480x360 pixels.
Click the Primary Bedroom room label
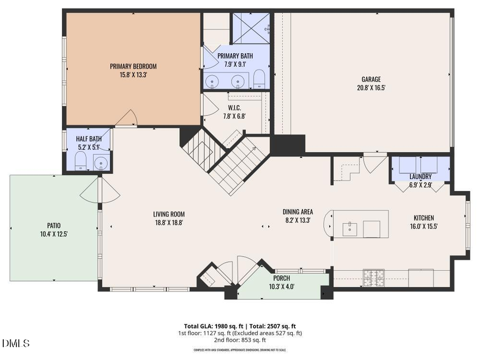coord(133,66)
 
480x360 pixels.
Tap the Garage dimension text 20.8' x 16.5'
coord(371,88)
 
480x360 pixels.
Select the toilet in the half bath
coord(81,160)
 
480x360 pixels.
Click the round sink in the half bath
coord(100,162)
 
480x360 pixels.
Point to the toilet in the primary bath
coord(259,79)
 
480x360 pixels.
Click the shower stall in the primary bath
coord(250,28)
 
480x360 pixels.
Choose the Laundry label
coord(420,177)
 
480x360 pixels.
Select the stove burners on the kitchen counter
coord(374,277)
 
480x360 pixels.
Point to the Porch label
coord(282,278)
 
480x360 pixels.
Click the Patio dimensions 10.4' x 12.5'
coord(52,234)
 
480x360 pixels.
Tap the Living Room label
coord(169,214)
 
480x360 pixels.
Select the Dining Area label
coord(298,211)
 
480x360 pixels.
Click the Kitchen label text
coord(424,218)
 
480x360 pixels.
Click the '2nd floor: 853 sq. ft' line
coord(239,340)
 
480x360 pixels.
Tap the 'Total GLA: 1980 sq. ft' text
coord(210,326)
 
